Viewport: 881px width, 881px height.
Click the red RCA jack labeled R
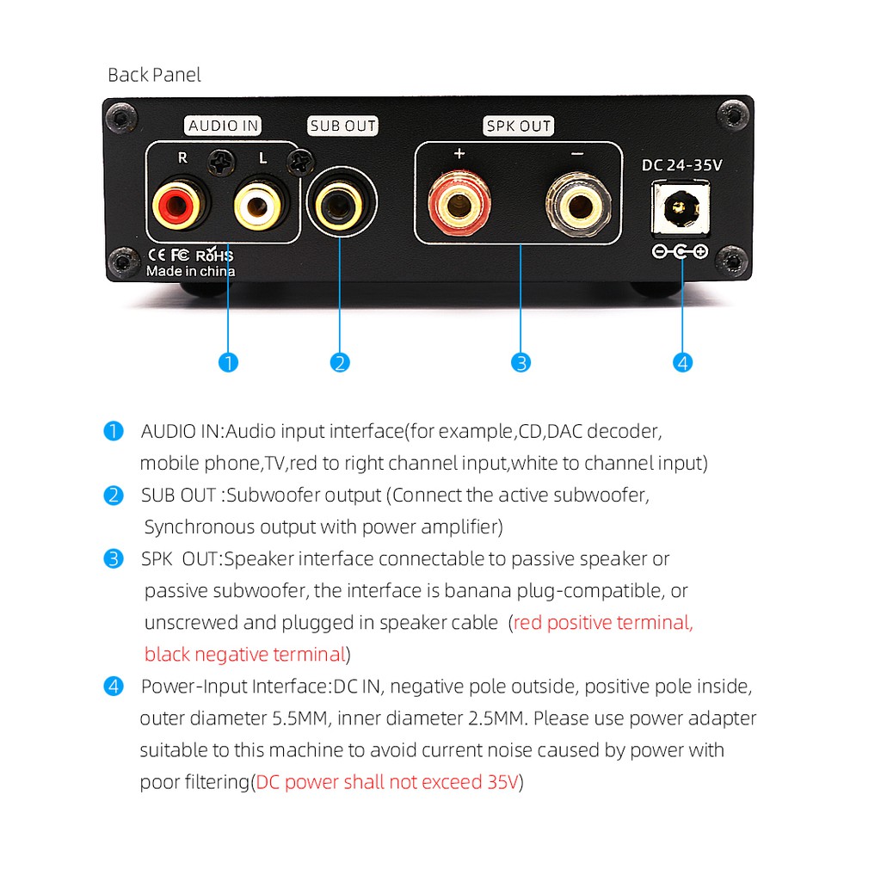(x=177, y=205)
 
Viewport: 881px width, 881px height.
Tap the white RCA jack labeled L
(x=258, y=206)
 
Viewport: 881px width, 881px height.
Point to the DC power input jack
(x=680, y=208)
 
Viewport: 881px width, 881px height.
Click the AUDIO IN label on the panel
(x=224, y=126)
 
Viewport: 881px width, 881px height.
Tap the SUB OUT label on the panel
(x=343, y=126)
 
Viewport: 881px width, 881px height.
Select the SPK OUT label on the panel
(x=519, y=126)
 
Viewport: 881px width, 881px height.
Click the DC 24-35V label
(x=682, y=165)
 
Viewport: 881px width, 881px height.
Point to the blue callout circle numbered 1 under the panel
(x=227, y=362)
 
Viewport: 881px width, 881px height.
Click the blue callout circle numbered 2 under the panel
(x=340, y=362)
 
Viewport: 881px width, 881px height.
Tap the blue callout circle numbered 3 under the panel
(x=520, y=362)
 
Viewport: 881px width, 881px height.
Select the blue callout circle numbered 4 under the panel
(x=682, y=362)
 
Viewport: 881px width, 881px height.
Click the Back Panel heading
(x=154, y=75)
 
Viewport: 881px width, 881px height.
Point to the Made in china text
(x=190, y=271)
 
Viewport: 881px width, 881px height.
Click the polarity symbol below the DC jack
(x=680, y=251)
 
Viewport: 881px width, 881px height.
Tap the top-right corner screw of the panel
(x=732, y=114)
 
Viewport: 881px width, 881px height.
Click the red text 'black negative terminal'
(x=244, y=655)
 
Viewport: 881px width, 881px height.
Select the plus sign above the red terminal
(x=459, y=154)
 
